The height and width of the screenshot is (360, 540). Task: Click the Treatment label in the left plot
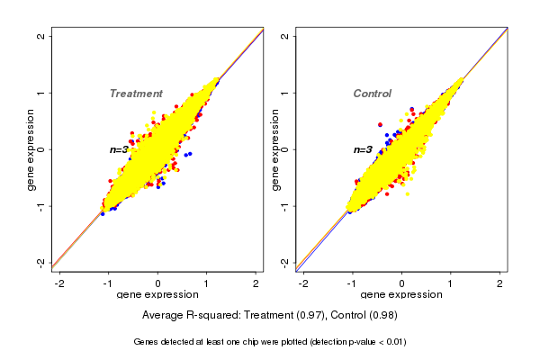click(136, 94)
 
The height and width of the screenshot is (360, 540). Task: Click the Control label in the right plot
click(372, 94)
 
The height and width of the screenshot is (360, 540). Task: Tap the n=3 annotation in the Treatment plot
click(121, 149)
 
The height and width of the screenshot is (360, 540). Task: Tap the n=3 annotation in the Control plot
click(364, 149)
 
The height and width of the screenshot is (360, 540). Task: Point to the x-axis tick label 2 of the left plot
click(256, 283)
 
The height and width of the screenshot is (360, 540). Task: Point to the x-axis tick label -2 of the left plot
click(59, 283)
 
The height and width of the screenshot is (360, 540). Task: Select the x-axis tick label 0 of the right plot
click(402, 283)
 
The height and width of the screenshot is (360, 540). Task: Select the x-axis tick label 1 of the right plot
click(452, 283)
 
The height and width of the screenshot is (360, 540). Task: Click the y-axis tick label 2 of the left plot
click(40, 36)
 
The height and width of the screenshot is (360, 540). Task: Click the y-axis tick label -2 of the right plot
click(284, 262)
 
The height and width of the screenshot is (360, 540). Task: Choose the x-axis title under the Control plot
click(401, 295)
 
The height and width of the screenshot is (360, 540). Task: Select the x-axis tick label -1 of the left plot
click(108, 283)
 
